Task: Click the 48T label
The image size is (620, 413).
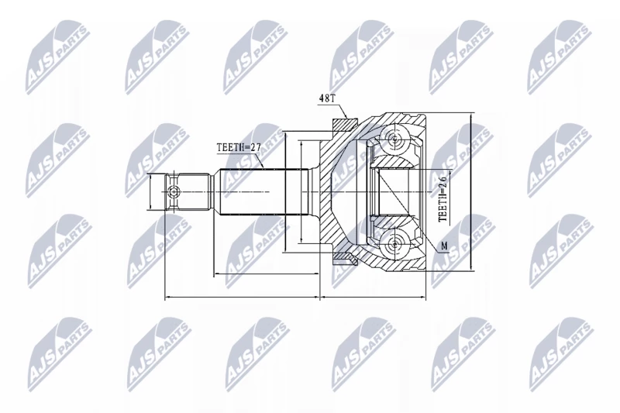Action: tap(326, 99)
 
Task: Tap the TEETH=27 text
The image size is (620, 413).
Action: tap(239, 147)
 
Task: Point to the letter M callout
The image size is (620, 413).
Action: tap(444, 246)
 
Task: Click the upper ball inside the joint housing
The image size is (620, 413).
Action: tap(394, 139)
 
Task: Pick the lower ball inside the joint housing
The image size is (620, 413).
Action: tap(394, 244)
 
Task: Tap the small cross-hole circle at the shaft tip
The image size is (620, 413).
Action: tap(174, 192)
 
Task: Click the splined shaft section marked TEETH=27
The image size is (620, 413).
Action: tap(263, 192)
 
